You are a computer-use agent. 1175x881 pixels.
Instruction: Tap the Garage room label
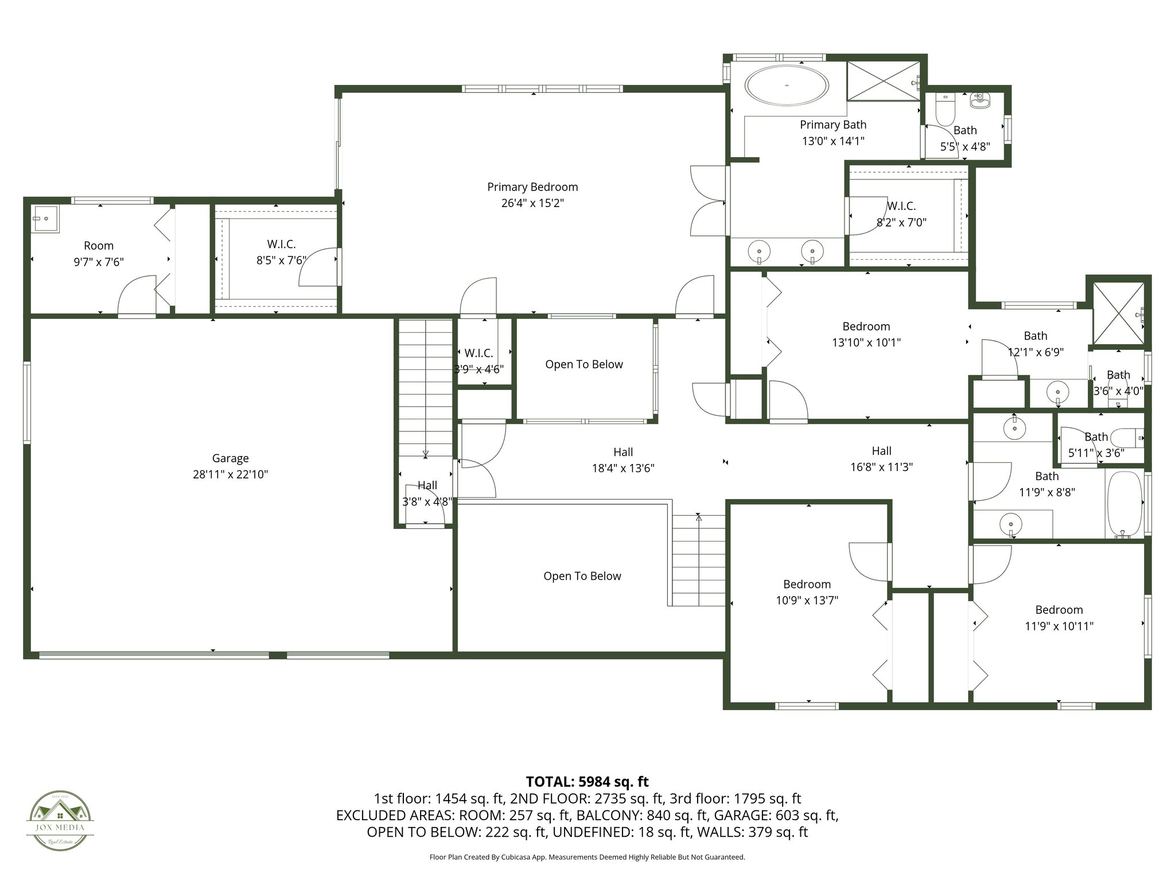(x=230, y=458)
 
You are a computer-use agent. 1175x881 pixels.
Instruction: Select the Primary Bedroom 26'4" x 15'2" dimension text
(x=532, y=203)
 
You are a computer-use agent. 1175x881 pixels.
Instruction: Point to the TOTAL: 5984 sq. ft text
(x=587, y=781)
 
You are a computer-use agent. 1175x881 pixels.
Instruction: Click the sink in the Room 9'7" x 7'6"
(x=45, y=219)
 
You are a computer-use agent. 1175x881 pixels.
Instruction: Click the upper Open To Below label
(x=583, y=364)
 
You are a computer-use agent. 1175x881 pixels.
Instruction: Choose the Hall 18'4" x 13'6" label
(x=623, y=460)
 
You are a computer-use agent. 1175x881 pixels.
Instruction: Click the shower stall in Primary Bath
(x=884, y=81)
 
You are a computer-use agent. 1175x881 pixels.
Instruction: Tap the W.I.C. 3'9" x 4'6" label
(x=478, y=361)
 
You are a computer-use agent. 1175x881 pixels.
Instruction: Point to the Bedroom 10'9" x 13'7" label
(x=807, y=592)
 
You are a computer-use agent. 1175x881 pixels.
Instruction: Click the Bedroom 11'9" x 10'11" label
(x=1059, y=618)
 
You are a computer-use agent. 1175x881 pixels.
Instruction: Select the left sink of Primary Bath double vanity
(x=759, y=251)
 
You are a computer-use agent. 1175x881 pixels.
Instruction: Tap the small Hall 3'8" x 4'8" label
(x=427, y=493)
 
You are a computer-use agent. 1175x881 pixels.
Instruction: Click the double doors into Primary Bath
(x=708, y=200)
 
